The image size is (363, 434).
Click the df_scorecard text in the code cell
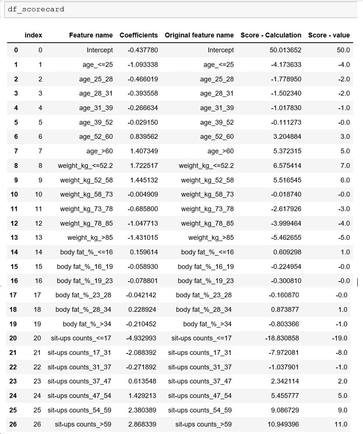click(36, 9)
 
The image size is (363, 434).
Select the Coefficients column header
click(139, 35)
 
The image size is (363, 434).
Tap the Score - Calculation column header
click(271, 35)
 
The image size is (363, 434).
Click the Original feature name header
click(199, 35)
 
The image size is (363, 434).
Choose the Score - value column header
click(329, 35)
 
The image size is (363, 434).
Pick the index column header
click(34, 35)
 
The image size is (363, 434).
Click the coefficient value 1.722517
click(143, 165)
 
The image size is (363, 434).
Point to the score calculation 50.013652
click(285, 50)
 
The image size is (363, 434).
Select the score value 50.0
click(343, 50)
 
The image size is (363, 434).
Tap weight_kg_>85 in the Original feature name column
click(211, 237)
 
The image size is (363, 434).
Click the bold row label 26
click(13, 424)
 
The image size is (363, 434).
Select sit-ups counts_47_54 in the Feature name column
click(79, 396)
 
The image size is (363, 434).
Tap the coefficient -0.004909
click(143, 194)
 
